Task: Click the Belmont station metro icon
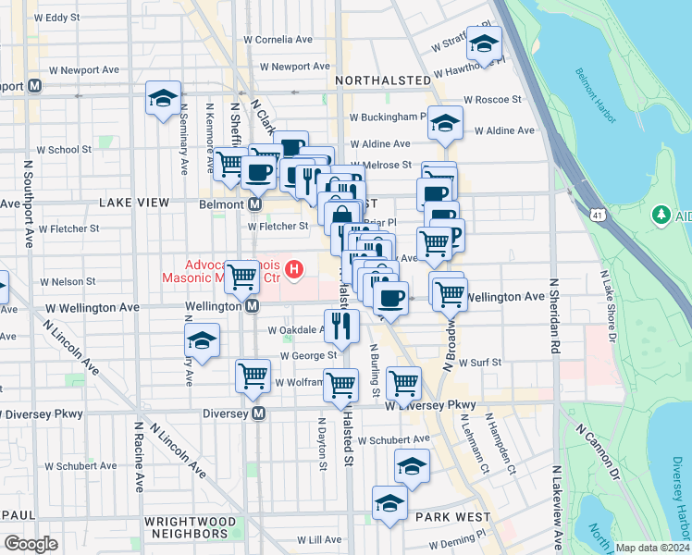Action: pos(253,203)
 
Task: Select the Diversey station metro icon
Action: pos(259,413)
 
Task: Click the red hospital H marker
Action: pos(294,270)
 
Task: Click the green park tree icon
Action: pos(661,216)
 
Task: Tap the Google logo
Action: pos(31,544)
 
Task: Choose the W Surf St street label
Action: pos(479,363)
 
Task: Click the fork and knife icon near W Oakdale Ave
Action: pos(341,325)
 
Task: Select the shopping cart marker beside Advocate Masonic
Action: pos(242,275)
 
